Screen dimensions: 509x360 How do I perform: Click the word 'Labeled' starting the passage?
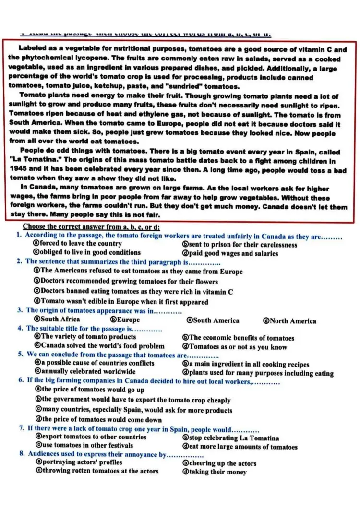click(x=33, y=49)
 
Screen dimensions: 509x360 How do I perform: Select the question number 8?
click(x=22, y=454)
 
